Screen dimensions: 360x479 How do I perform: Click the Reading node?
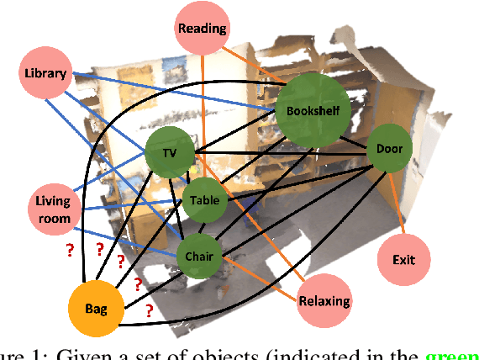point(202,29)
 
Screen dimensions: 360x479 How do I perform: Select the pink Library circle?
point(45,73)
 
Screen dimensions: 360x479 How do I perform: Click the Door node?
point(389,150)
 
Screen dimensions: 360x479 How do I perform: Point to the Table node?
point(204,201)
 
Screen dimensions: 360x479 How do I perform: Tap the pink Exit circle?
point(403,260)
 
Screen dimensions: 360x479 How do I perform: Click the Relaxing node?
point(324,300)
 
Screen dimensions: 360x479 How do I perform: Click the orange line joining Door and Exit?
point(397,205)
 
